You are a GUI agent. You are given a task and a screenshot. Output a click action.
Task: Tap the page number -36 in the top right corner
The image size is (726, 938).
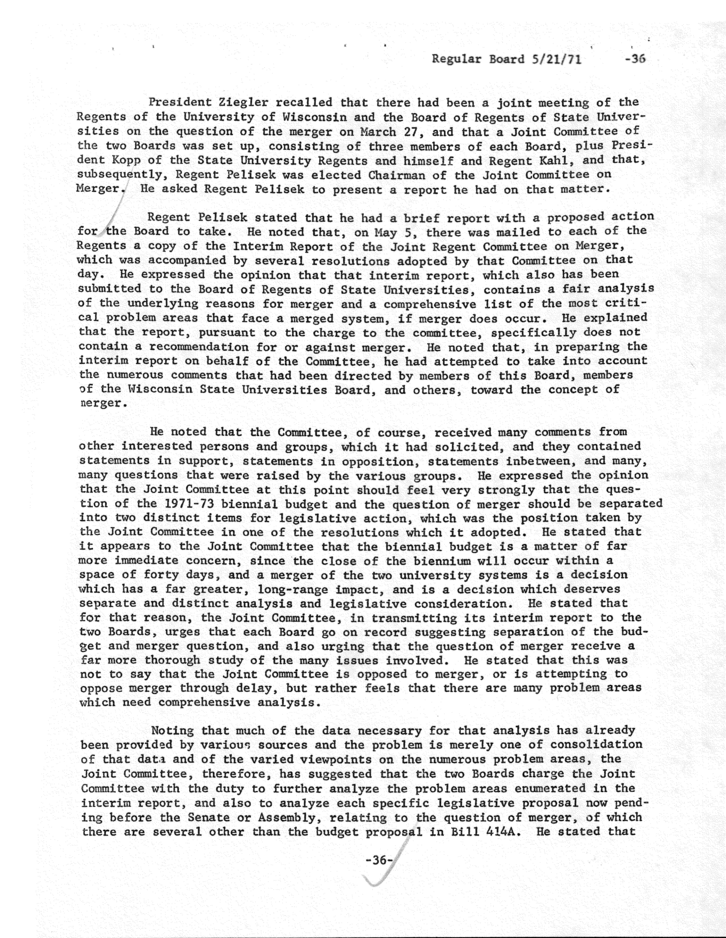click(x=636, y=59)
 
